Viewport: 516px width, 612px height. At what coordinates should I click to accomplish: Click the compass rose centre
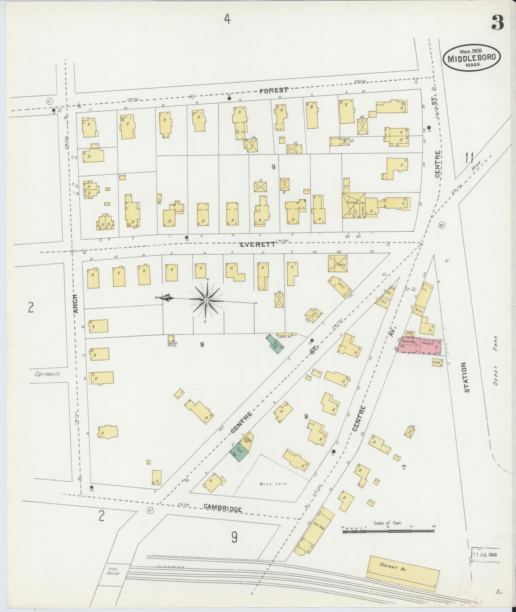pyautogui.click(x=206, y=300)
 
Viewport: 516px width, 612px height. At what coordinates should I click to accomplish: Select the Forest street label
pyautogui.click(x=274, y=91)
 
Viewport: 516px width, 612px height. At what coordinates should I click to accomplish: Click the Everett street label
pyautogui.click(x=258, y=244)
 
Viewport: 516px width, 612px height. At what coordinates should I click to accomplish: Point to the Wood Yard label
pyautogui.click(x=273, y=484)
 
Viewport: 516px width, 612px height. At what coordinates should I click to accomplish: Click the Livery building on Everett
pyautogui.click(x=337, y=264)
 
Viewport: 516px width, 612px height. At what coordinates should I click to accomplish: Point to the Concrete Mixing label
pyautogui.click(x=172, y=345)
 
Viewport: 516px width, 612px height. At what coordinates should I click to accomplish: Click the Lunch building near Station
pyautogui.click(x=437, y=362)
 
